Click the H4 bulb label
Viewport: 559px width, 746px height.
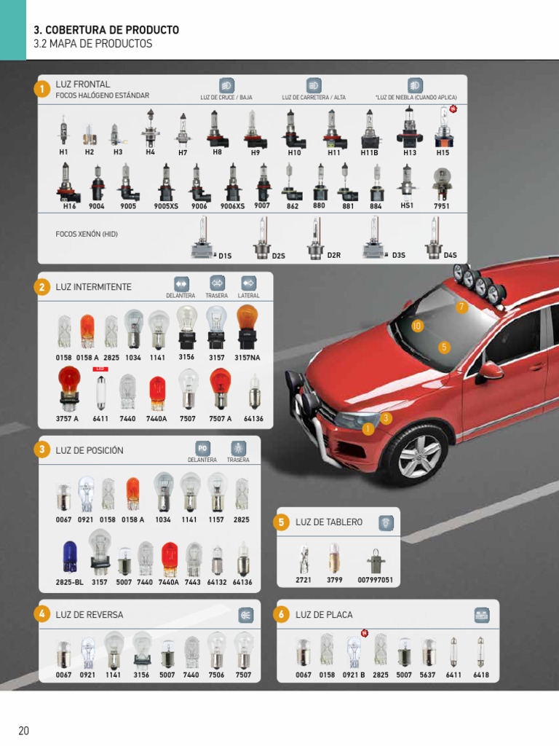[150, 152]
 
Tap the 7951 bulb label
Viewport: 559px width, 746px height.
[442, 206]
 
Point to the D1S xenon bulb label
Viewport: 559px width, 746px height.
[225, 256]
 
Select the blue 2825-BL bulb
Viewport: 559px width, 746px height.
[69, 556]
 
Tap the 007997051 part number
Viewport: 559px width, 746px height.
[376, 580]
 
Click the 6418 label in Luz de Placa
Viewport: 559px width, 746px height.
[481, 675]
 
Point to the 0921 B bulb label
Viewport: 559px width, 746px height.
[354, 675]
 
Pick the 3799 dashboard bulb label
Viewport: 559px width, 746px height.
[334, 580]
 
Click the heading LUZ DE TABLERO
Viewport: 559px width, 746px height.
[328, 522]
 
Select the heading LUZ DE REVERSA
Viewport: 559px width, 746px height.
[90, 615]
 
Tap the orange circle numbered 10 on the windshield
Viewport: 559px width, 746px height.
[417, 326]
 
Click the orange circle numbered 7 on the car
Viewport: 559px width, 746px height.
[461, 307]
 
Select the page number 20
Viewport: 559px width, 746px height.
[24, 731]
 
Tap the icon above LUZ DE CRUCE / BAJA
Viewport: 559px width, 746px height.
[226, 85]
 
